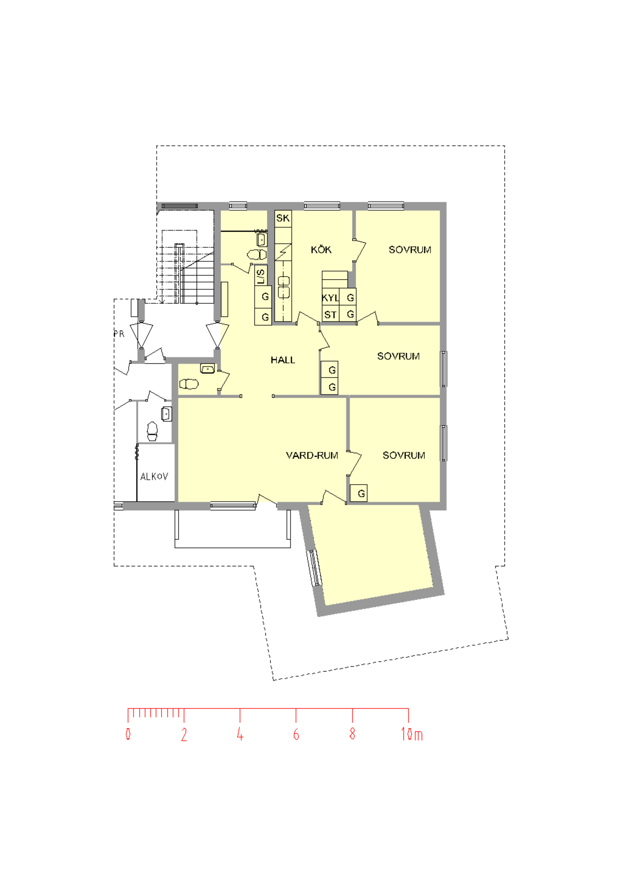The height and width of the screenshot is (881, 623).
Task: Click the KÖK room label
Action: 321,249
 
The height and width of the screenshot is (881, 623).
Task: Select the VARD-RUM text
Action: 312,455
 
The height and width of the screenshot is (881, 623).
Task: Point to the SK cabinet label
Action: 283,218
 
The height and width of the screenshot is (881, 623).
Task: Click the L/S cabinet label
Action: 261,276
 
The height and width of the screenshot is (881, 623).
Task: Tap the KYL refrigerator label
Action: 330,298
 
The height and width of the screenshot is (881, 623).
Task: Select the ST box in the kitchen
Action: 330,315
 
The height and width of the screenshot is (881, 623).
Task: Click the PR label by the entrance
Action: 119,334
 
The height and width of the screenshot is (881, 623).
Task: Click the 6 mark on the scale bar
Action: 296,734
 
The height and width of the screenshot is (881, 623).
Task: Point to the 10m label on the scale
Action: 411,734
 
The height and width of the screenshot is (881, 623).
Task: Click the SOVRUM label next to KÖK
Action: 410,249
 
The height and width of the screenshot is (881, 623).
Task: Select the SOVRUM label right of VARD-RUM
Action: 404,455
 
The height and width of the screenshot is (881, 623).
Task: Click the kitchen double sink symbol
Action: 284,287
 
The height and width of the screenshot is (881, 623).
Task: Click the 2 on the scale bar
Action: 184,734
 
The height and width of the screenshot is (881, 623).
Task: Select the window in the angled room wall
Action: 314,568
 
